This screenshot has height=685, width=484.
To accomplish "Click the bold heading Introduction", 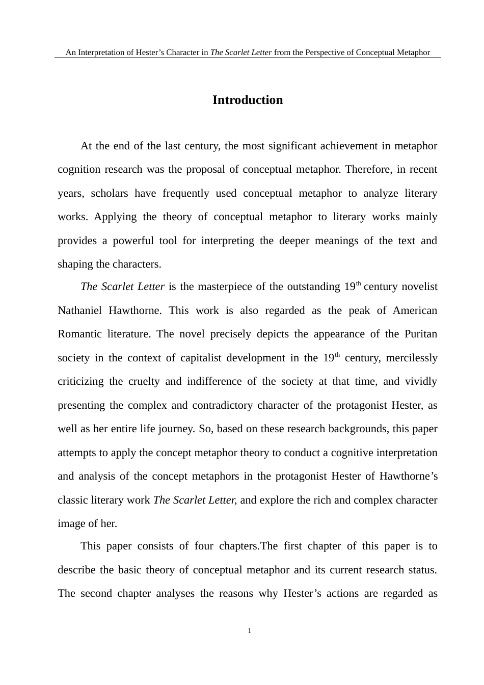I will click(x=247, y=100).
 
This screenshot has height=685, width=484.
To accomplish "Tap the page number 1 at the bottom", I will click(x=249, y=631).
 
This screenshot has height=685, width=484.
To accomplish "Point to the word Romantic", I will click(x=79, y=334).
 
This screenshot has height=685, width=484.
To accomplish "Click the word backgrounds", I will click(x=360, y=429).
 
